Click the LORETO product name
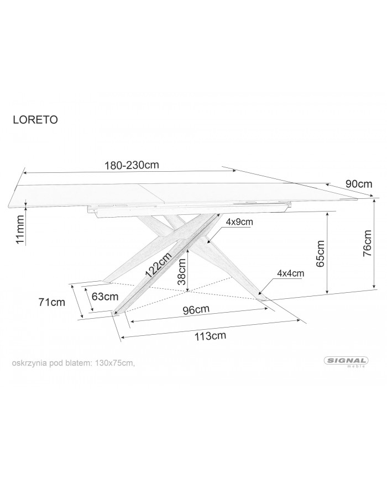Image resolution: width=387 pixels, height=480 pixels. [35, 120]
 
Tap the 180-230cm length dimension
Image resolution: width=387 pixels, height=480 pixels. [132, 165]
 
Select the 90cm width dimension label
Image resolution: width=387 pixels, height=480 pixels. [359, 184]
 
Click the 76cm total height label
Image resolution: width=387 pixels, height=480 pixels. [367, 243]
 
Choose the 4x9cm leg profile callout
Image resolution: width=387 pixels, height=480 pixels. [239, 221]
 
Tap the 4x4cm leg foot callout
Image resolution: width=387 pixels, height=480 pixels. [290, 273]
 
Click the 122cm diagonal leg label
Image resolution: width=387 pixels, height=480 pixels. [158, 265]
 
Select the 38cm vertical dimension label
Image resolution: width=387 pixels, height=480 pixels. [182, 272]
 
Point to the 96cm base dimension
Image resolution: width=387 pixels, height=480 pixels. [196, 310]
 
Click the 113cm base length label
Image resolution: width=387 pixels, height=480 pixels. [210, 336]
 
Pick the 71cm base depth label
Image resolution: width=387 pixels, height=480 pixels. [52, 302]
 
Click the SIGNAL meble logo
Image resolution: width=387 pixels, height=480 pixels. [346, 362]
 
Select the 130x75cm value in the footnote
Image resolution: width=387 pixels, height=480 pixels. [115, 363]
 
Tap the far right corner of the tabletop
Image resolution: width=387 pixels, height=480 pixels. [357, 199]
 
